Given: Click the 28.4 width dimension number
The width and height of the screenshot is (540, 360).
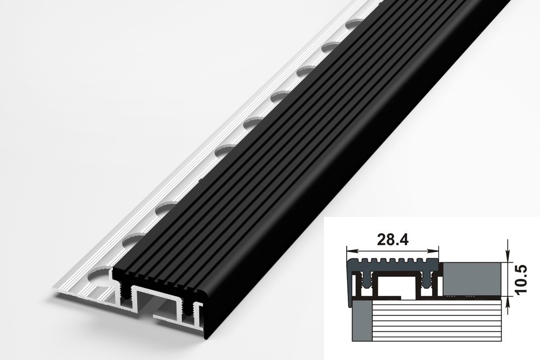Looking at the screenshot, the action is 393,240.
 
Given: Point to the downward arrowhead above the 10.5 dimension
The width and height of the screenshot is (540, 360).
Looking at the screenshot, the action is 508,256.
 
